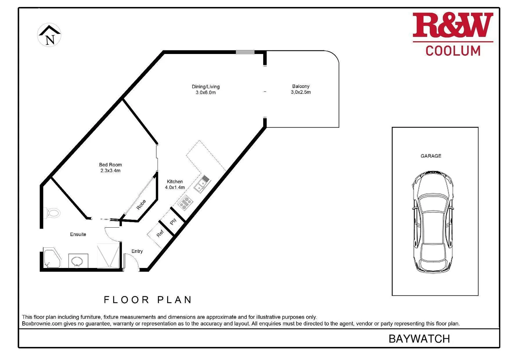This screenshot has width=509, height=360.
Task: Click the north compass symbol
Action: coord(49,35)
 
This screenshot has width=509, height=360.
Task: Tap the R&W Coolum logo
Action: coord(453,34)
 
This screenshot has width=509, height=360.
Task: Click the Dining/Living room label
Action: coord(206,87)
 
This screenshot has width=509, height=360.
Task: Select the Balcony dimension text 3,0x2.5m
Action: coord(300,92)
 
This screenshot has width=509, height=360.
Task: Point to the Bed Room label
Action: coord(110,165)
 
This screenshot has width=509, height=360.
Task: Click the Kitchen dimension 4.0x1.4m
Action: coord(175,187)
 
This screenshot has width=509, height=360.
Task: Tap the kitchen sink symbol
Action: coord(202,184)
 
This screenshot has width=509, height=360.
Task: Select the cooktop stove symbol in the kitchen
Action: coord(185,203)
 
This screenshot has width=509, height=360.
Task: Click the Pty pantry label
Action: coord(173,222)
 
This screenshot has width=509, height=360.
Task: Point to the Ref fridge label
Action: coord(160,234)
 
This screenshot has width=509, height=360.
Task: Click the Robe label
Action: coord(141,204)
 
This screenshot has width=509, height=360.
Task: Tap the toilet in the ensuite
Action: coord(52,212)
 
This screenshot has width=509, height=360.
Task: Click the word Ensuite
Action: coord(78,234)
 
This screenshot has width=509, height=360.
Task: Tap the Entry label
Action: coord(137,251)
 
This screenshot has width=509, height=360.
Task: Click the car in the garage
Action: coord(433,222)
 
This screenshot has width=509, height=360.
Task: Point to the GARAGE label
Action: coord(431,156)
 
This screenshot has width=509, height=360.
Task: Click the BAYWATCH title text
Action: coord(419,339)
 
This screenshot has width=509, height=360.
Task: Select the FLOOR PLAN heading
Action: coord(148,300)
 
